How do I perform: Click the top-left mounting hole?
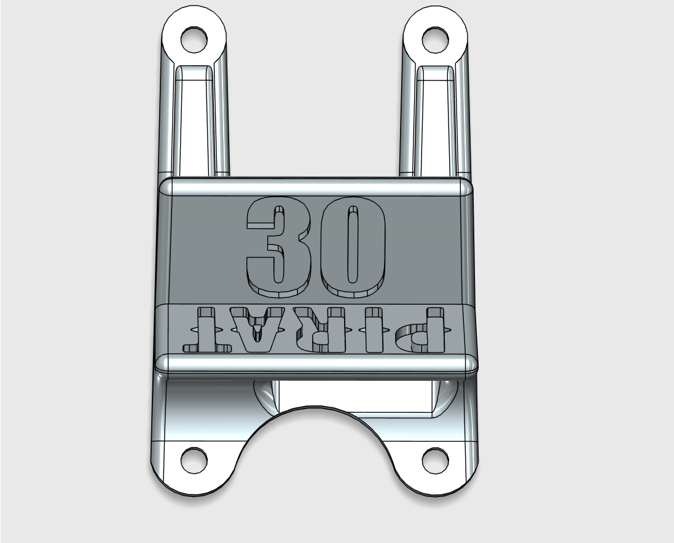click(194, 40)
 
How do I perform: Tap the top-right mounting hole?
click(436, 40)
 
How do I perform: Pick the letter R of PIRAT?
click(331, 329)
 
